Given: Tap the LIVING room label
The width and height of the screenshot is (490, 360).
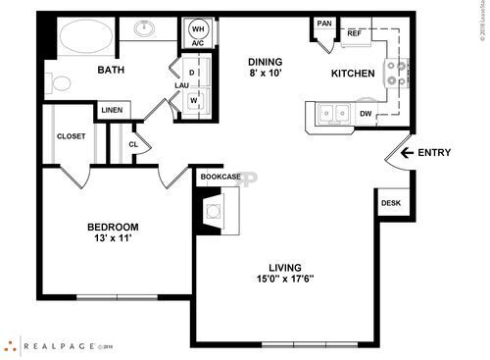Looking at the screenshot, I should [x=285, y=267].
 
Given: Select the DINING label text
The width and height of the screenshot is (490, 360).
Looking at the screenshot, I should [x=266, y=61].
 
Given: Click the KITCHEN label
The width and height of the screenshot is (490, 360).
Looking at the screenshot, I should [x=352, y=74].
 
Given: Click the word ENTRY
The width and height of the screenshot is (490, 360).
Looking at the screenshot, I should [x=435, y=152].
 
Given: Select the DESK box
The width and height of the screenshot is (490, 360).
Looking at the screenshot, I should [x=390, y=203].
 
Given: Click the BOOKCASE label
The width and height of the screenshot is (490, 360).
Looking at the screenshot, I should [x=220, y=177].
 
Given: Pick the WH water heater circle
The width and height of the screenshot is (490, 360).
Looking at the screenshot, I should [x=198, y=27].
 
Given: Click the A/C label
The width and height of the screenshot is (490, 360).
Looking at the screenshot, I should [x=197, y=43].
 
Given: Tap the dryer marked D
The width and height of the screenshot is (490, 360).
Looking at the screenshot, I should [x=192, y=73].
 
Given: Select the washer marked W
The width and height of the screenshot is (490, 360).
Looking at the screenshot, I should [x=192, y=100].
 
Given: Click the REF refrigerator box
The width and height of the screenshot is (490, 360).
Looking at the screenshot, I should [x=355, y=33].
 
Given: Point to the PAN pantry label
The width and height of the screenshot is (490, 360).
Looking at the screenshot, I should [x=323, y=24].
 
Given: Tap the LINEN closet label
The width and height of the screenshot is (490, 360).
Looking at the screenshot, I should [x=111, y=110].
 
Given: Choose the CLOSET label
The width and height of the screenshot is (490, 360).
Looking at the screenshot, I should [x=71, y=136].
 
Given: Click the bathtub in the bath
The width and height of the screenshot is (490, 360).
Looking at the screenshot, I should [x=84, y=39].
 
